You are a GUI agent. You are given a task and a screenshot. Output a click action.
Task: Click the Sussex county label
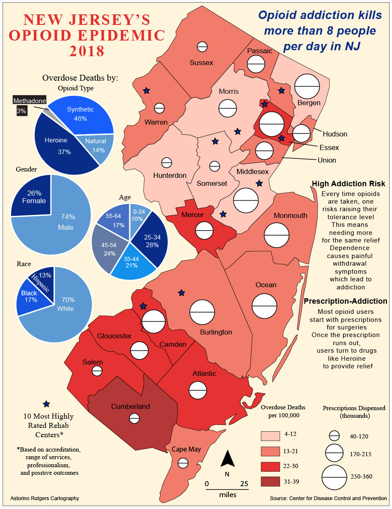(201, 63)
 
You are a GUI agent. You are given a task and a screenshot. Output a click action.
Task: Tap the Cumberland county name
(131, 406)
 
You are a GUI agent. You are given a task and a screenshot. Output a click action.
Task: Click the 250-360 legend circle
(334, 477)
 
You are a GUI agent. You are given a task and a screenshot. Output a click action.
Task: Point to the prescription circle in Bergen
(307, 87)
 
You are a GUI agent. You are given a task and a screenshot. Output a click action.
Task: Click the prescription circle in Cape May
(182, 463)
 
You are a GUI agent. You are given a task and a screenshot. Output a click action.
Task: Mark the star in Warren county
(147, 90)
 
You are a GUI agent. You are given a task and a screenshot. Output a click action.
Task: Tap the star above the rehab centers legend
(46, 404)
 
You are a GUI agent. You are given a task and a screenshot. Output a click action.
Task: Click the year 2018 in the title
(87, 51)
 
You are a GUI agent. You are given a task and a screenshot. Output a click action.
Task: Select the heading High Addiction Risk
(348, 184)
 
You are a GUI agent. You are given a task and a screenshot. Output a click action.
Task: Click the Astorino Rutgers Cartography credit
(44, 498)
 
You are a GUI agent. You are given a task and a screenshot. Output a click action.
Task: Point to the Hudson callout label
(335, 134)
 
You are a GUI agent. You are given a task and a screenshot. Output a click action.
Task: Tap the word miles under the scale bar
(228, 495)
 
